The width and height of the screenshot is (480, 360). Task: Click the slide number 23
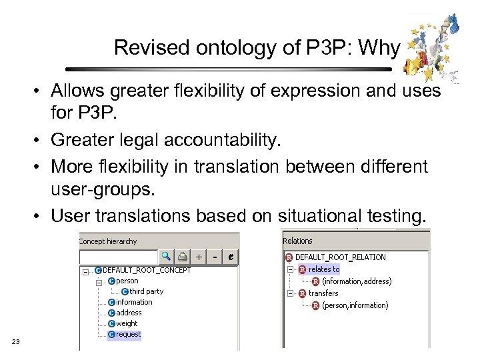tap(16, 342)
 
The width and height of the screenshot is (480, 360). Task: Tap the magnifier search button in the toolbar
tap(165, 256)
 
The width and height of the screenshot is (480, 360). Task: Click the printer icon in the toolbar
tap(181, 256)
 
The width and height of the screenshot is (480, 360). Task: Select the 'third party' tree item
tap(146, 291)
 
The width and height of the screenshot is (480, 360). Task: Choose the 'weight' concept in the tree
tap(127, 323)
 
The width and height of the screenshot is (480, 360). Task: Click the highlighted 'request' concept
tap(128, 334)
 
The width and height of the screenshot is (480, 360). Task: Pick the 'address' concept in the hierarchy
tap(129, 313)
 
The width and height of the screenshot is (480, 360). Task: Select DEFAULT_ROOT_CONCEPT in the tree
tap(146, 270)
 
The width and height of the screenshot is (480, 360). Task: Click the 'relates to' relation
tap(323, 269)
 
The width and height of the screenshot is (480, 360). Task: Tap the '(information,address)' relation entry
tap(357, 281)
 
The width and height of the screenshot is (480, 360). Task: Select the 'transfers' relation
tap(323, 293)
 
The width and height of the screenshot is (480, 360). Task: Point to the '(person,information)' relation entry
tap(355, 305)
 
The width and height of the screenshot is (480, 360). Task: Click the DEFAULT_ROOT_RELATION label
tap(340, 257)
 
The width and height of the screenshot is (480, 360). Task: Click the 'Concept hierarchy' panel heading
tap(108, 241)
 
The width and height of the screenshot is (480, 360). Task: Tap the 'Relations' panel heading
tap(297, 241)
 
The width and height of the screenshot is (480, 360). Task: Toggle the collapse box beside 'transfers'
tap(290, 293)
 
